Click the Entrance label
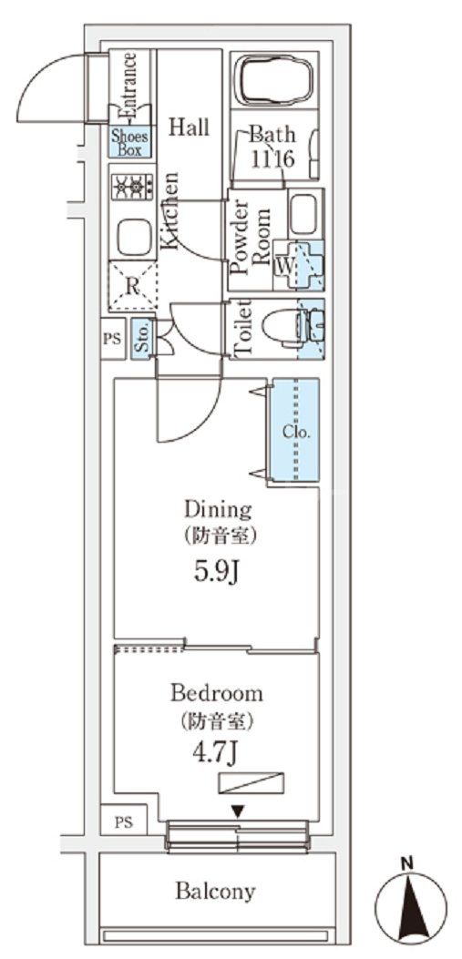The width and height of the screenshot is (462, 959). coord(129,87)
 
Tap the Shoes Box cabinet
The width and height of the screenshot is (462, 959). coord(130,144)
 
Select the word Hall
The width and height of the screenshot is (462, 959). coord(188,128)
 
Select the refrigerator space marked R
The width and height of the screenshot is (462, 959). coord(132,284)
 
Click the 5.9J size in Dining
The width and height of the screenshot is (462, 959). coord(217,574)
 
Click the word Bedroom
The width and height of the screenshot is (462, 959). coord(217,693)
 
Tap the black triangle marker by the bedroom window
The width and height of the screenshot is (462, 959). coord(237,810)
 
